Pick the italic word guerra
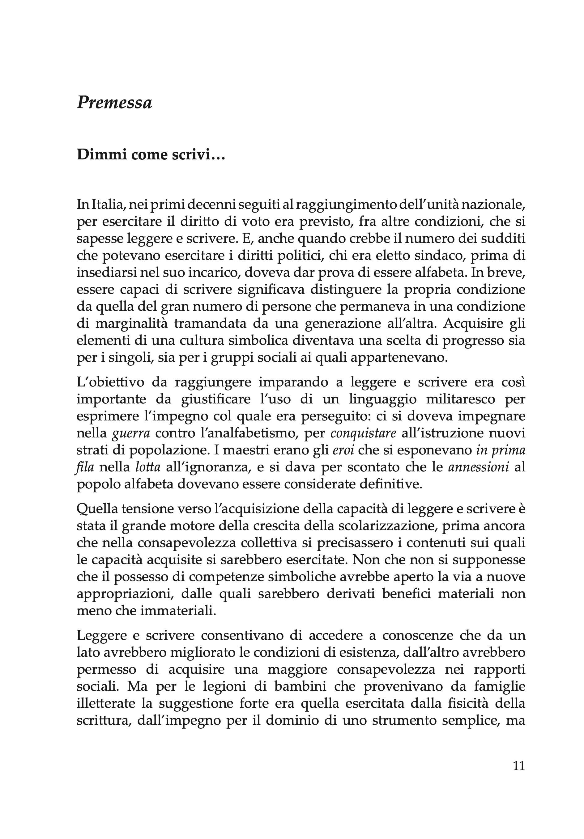click(131, 433)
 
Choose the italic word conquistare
click(363, 433)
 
